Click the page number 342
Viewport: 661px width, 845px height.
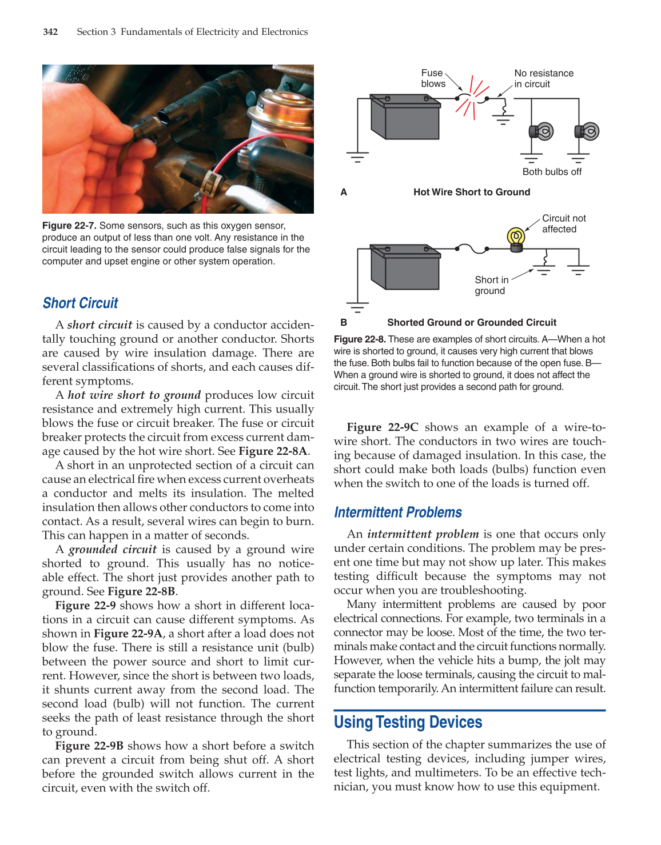click(x=50, y=32)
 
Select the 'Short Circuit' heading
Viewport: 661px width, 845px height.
click(x=81, y=303)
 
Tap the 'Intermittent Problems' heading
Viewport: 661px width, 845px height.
click(x=398, y=512)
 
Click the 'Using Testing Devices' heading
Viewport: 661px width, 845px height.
click(x=408, y=723)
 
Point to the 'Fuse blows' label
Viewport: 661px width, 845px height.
click(x=433, y=78)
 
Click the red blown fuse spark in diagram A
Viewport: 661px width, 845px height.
click(x=472, y=98)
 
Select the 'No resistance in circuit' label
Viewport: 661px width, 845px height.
click(x=543, y=79)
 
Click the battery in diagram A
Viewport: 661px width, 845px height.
click(x=405, y=117)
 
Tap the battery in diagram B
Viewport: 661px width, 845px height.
click(x=405, y=267)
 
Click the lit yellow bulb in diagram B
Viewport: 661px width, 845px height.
click(x=516, y=238)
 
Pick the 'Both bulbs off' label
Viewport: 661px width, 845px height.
click(x=552, y=172)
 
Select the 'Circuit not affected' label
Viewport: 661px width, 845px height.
click(x=563, y=224)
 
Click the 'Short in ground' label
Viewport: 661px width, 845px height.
click(x=491, y=285)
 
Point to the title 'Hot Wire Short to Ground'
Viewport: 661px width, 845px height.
click(x=472, y=193)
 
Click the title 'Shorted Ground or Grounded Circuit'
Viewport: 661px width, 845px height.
click(x=472, y=323)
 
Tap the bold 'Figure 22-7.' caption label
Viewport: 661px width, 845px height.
click(x=69, y=226)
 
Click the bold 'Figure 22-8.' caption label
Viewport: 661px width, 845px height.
click(x=360, y=339)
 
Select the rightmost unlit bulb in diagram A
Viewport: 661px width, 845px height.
click(x=587, y=132)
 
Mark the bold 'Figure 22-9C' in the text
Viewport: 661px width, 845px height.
click(x=383, y=427)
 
